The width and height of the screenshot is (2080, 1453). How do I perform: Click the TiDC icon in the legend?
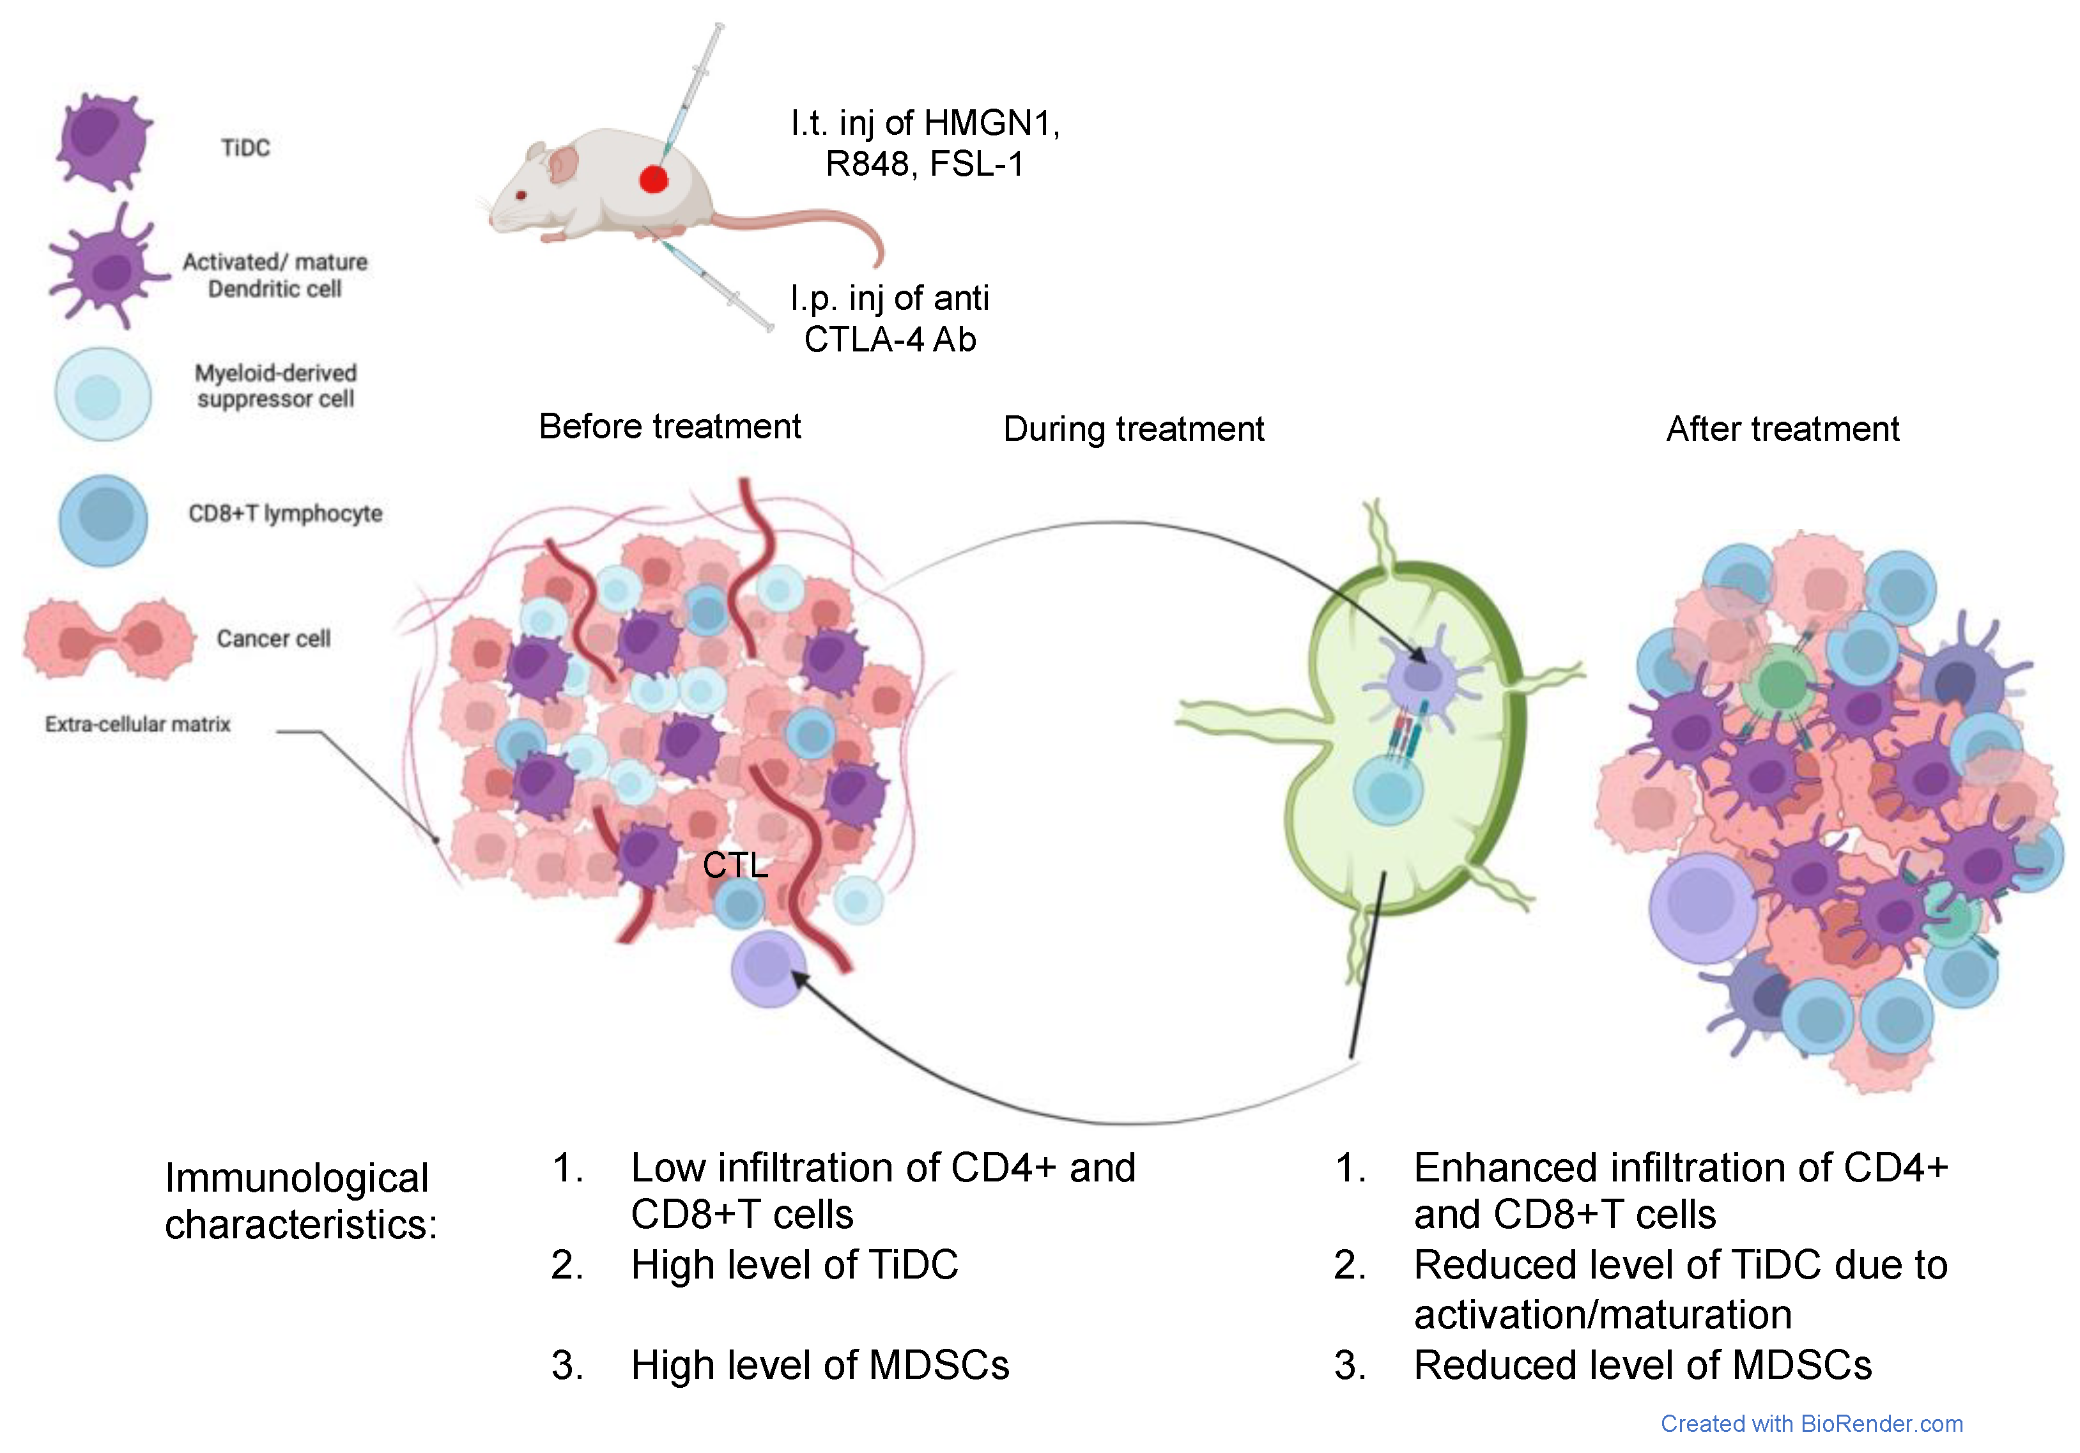pyautogui.click(x=102, y=143)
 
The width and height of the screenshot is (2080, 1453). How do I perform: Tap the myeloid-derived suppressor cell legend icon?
pyautogui.click(x=102, y=395)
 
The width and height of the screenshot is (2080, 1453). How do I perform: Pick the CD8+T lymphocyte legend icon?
pyautogui.click(x=104, y=520)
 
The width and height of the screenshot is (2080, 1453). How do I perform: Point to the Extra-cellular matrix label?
pyautogui.click(x=137, y=724)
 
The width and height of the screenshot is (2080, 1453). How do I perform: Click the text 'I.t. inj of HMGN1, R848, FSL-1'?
pyautogui.click(x=924, y=143)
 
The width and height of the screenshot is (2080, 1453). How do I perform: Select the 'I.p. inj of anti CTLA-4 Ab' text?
pyautogui.click(x=890, y=319)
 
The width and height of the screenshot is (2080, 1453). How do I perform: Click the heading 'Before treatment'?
pyautogui.click(x=670, y=426)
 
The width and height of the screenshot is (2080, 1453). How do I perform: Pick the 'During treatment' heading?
pyautogui.click(x=1134, y=429)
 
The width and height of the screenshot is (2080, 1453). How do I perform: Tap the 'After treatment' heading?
pyautogui.click(x=1782, y=429)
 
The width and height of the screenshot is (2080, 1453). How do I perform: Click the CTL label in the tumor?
pyautogui.click(x=735, y=865)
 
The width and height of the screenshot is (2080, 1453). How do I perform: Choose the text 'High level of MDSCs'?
pyautogui.click(x=819, y=1365)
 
